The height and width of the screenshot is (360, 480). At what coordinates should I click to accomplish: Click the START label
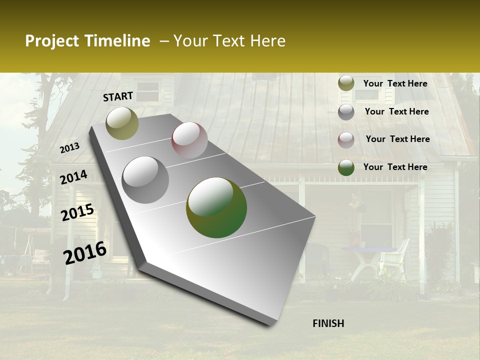(x=118, y=96)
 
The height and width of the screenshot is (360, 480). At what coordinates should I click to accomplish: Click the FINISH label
(x=328, y=323)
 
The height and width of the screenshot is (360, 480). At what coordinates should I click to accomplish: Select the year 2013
(x=69, y=148)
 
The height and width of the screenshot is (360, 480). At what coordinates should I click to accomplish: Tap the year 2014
(x=73, y=177)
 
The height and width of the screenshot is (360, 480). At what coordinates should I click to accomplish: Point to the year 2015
(x=77, y=212)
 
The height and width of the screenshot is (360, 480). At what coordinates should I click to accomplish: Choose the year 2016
(x=85, y=253)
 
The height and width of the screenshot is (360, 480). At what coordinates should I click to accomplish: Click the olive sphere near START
(x=122, y=123)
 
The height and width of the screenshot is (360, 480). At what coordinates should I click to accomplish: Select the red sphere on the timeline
(x=189, y=140)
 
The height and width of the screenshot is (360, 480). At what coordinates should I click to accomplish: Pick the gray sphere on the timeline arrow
(x=145, y=179)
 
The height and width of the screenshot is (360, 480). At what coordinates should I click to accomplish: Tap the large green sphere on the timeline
(x=216, y=207)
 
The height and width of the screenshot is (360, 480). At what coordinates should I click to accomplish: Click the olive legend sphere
(x=346, y=83)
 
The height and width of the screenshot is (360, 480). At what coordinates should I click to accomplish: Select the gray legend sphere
(x=346, y=112)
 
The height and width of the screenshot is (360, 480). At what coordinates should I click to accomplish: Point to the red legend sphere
(x=346, y=140)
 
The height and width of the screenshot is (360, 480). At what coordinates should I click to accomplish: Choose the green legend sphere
(x=346, y=167)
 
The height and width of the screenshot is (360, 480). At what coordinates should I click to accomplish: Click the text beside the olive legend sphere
(x=395, y=83)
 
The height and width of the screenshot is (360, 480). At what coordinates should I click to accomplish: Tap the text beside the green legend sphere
(x=395, y=167)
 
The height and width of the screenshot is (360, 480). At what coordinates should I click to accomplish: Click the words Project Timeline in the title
(x=87, y=41)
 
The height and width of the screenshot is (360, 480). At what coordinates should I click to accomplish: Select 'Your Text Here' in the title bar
(x=229, y=41)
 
